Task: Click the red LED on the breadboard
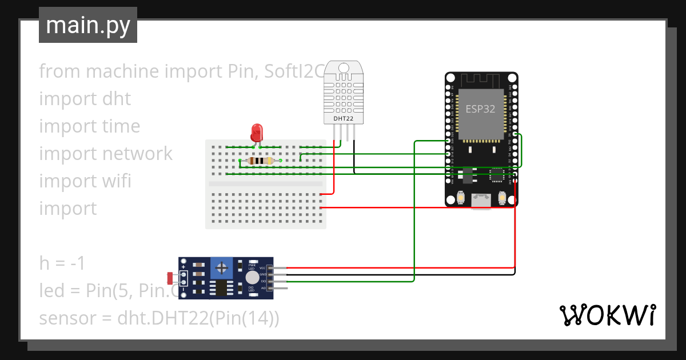(x=257, y=133)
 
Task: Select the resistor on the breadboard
(x=261, y=161)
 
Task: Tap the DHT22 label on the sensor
(x=344, y=118)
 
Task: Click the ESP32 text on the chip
(x=480, y=109)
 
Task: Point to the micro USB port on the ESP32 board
(x=481, y=201)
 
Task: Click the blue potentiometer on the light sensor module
(x=221, y=267)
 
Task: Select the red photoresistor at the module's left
(x=170, y=278)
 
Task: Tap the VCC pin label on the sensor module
(x=262, y=267)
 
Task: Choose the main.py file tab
(x=88, y=25)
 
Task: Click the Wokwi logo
(x=607, y=315)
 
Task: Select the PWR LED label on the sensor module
(x=252, y=267)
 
